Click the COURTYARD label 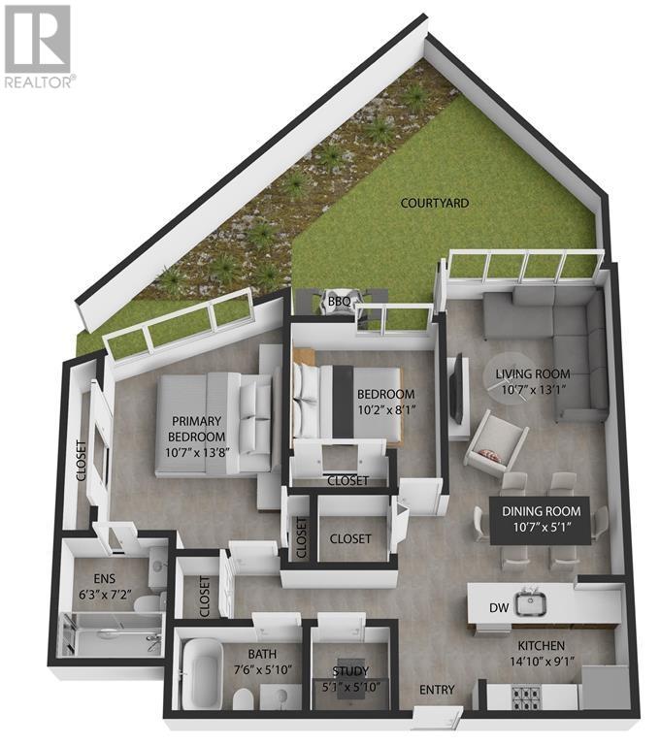(435, 204)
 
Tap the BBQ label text (339, 301)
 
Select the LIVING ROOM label (533, 373)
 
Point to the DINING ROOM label (542, 511)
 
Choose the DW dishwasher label (498, 609)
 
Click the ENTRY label (437, 690)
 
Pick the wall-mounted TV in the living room (456, 388)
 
